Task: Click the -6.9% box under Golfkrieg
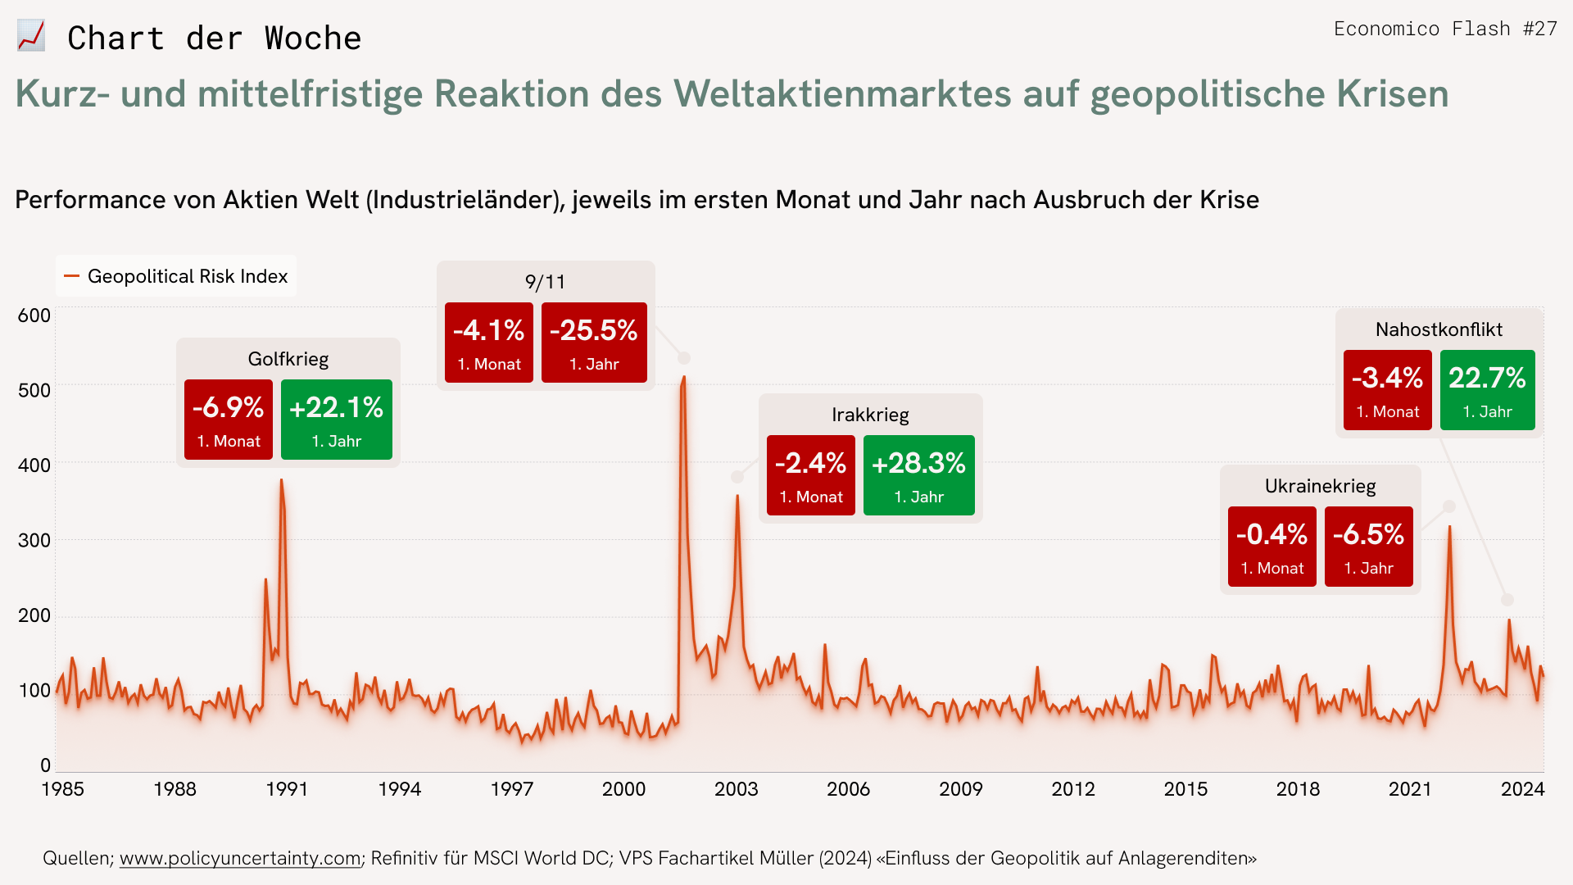pos(229,420)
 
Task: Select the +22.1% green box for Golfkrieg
pos(337,420)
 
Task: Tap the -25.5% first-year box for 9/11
pos(594,343)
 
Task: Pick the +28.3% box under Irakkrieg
pos(918,475)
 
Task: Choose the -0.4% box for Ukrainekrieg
pos(1272,547)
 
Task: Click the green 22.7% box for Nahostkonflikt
pos(1487,390)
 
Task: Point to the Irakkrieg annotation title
pos(870,415)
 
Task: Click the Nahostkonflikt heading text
pos(1439,329)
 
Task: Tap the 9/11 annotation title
pos(546,282)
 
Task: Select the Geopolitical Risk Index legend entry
pos(177,276)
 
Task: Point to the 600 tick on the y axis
pos(34,315)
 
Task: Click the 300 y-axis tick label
pos(34,540)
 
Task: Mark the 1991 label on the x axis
pos(287,789)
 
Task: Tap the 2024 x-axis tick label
pos(1522,789)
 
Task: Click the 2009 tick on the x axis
pos(960,789)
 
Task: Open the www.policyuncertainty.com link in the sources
pos(240,858)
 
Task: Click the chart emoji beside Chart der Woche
pos(31,37)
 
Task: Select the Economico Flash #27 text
pos(1445,29)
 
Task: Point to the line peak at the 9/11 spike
pos(683,378)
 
